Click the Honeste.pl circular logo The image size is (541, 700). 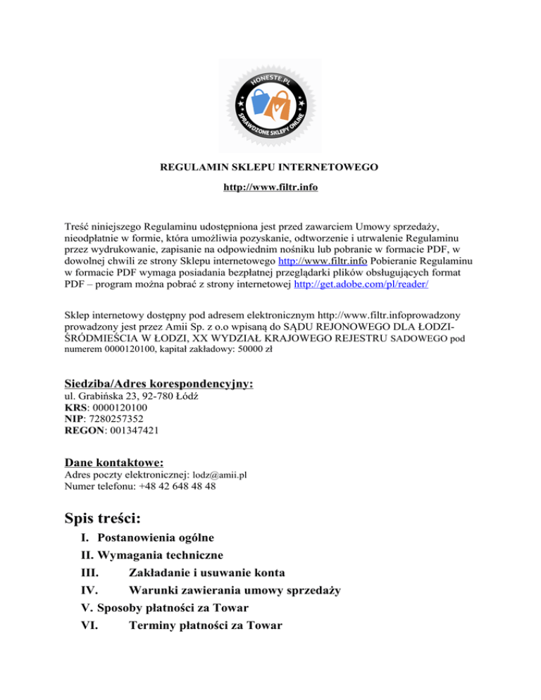[x=271, y=102]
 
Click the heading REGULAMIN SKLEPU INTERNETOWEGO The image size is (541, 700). [x=270, y=168]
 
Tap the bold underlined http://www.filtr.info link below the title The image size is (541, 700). [x=270, y=188]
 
